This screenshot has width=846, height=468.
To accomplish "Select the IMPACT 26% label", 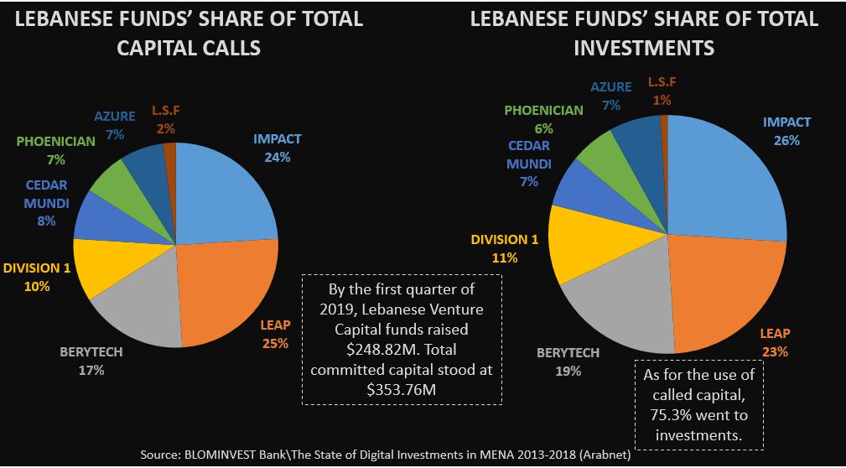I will [x=786, y=131].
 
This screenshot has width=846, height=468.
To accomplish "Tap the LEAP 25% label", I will [x=274, y=335].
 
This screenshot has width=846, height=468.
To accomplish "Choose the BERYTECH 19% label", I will [x=568, y=361].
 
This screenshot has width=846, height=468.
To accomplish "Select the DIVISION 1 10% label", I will [x=37, y=277].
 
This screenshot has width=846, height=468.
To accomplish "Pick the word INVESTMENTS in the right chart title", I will [x=644, y=48].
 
